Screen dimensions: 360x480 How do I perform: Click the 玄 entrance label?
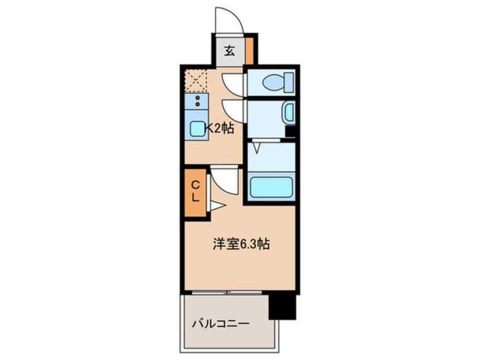pos(229,51)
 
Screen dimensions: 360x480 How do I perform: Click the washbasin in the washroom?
pos(289,112)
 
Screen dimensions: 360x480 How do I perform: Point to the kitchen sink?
pos(197,129)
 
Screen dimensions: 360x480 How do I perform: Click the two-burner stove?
pos(197,102)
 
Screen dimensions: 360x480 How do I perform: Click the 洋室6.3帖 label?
pos(241,245)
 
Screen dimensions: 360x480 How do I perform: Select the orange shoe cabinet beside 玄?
pos(250,51)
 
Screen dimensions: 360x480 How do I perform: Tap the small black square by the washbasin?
pos(290,131)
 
